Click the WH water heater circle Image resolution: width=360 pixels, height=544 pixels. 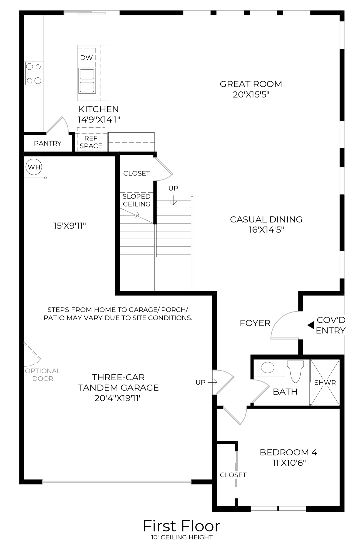[34, 167]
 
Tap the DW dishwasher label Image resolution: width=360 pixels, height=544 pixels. [86, 58]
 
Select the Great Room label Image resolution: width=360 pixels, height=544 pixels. [251, 84]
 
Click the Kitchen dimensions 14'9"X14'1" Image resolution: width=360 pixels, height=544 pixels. [99, 119]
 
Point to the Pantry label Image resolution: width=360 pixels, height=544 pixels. [48, 143]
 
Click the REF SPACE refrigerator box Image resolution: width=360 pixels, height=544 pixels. [91, 139]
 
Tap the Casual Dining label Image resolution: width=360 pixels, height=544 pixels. [266, 219]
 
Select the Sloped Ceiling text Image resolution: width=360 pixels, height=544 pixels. [136, 200]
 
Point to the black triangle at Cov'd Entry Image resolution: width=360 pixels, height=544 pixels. [311, 325]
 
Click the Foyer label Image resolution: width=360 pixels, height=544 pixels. [255, 323]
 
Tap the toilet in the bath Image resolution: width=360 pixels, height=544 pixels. [295, 371]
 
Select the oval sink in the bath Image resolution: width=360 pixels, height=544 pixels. [268, 368]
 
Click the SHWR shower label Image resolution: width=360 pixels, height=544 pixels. [325, 383]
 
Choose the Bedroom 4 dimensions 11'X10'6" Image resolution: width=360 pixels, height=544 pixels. [289, 463]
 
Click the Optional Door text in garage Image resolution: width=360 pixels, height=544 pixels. [43, 375]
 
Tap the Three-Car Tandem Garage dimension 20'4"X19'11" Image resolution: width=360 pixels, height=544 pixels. [118, 398]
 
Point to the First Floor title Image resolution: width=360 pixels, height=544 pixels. [182, 526]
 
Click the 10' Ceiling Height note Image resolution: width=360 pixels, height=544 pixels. [182, 537]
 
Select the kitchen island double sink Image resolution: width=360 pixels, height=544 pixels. [87, 81]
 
